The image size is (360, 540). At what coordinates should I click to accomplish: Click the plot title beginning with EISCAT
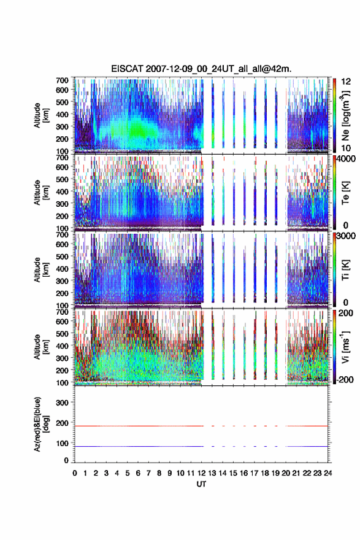click(x=201, y=69)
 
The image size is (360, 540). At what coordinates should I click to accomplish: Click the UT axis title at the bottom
click(x=201, y=484)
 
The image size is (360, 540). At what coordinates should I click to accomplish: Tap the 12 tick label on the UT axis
click(x=201, y=473)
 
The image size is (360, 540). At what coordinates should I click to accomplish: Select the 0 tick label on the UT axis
click(x=75, y=473)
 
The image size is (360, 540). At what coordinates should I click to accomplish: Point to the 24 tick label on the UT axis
click(x=327, y=473)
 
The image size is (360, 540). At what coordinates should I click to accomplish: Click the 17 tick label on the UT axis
click(x=254, y=473)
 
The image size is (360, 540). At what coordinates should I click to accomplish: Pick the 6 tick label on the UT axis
click(x=138, y=473)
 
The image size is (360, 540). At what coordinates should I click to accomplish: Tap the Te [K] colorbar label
click(x=345, y=193)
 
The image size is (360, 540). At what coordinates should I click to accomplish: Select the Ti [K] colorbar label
click(x=345, y=269)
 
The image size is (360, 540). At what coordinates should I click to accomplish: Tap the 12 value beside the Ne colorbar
click(x=346, y=82)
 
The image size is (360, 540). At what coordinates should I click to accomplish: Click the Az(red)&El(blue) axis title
click(x=41, y=424)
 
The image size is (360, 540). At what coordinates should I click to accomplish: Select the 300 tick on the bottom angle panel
click(x=62, y=403)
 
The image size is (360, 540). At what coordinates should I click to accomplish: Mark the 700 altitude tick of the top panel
click(x=62, y=80)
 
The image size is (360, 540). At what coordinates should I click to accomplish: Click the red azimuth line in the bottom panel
click(x=201, y=426)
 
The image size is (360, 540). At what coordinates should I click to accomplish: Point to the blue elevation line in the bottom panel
click(x=201, y=446)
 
